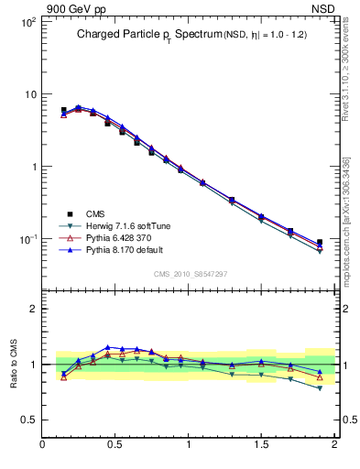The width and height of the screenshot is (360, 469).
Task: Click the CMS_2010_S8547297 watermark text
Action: (190, 274)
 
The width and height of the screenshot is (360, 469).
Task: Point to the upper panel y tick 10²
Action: (27, 22)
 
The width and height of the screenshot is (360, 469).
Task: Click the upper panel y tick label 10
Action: (29, 94)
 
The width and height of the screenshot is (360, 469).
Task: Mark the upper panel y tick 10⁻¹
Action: (27, 239)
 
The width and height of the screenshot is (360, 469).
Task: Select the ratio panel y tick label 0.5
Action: (29, 420)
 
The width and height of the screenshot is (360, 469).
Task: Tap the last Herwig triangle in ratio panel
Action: (320, 388)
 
